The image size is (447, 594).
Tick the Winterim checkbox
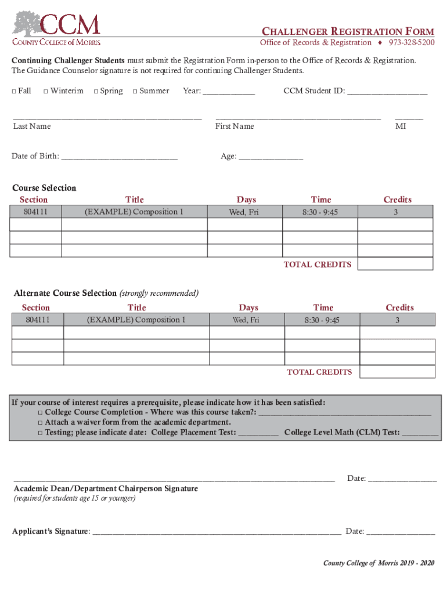[x=46, y=91]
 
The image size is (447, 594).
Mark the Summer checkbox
[x=135, y=91]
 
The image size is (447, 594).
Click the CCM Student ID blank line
[x=387, y=92]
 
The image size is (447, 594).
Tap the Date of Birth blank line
[x=119, y=157]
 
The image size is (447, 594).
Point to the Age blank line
[x=271, y=157]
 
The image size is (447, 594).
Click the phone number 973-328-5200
[x=412, y=42]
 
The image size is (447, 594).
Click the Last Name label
[x=32, y=126]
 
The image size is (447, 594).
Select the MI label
[x=401, y=126]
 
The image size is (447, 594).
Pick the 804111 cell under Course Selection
[x=35, y=212]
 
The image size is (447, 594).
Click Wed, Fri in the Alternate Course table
[x=246, y=320]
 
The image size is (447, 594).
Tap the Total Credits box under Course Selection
[x=395, y=264]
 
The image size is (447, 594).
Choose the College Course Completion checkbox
[x=41, y=412]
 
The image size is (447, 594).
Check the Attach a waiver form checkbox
[x=41, y=422]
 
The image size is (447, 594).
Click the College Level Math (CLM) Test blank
[x=420, y=433]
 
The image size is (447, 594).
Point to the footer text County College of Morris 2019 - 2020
[x=378, y=563]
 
